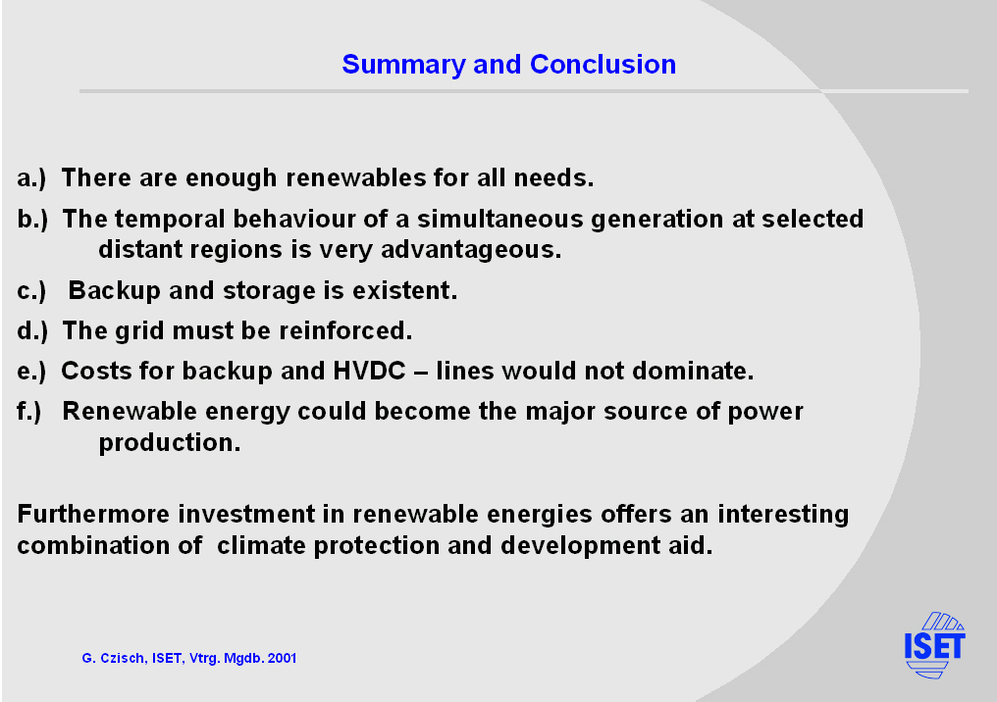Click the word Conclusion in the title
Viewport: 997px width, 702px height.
pyautogui.click(x=603, y=64)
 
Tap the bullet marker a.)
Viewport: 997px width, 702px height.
pyautogui.click(x=31, y=178)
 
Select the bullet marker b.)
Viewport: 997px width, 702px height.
pyautogui.click(x=32, y=220)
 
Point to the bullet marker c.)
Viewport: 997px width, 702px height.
pyautogui.click(x=31, y=291)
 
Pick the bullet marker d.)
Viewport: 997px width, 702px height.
pyautogui.click(x=32, y=331)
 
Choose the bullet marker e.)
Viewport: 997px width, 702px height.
pyautogui.click(x=31, y=372)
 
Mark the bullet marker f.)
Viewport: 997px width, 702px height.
pyautogui.click(x=29, y=412)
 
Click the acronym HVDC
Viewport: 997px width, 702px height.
pyautogui.click(x=369, y=371)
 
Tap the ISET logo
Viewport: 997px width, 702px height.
pyautogui.click(x=934, y=645)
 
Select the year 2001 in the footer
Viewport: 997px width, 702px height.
pyautogui.click(x=283, y=658)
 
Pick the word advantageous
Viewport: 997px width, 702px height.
pyautogui.click(x=471, y=251)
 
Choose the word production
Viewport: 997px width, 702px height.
pyautogui.click(x=170, y=443)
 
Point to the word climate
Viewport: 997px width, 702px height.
pyautogui.click(x=261, y=546)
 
